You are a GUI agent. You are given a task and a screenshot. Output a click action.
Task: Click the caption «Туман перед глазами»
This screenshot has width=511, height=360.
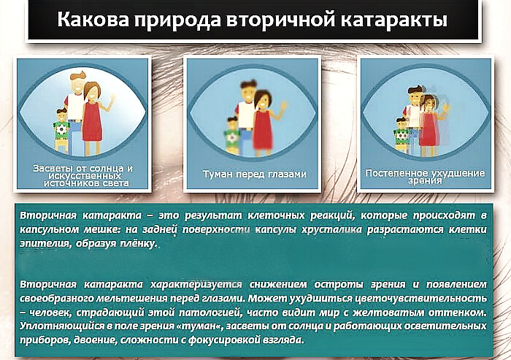[255, 175]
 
